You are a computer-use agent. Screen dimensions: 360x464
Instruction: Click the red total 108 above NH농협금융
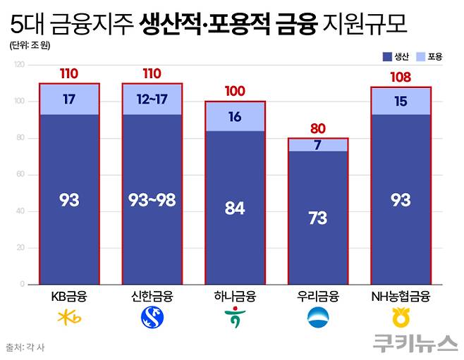tap(401, 76)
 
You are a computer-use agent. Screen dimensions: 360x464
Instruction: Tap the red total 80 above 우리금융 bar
tap(318, 128)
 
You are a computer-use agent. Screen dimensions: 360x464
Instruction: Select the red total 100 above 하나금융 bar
tap(235, 92)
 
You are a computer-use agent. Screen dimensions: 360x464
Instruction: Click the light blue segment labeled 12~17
tap(152, 99)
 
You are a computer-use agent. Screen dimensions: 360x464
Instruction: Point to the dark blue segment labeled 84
tap(235, 208)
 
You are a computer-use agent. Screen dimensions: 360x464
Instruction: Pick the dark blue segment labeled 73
tap(318, 218)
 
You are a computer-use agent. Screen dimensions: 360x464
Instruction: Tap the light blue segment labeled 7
tap(318, 144)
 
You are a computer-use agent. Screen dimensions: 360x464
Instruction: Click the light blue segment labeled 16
tap(235, 116)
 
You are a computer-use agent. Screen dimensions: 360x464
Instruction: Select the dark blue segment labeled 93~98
tap(152, 200)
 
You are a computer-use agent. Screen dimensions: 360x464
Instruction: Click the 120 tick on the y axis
tap(19, 65)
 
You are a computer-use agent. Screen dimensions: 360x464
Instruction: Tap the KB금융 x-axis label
tap(69, 296)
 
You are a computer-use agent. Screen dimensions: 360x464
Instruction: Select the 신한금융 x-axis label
tap(152, 296)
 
